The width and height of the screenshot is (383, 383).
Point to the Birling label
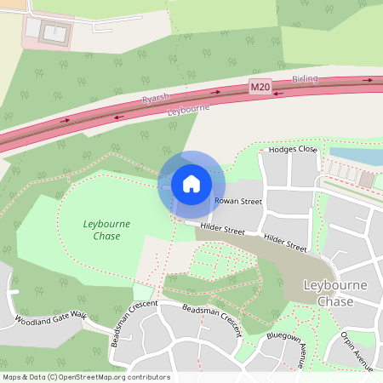click(x=305, y=78)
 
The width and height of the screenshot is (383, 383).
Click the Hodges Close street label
click(x=292, y=149)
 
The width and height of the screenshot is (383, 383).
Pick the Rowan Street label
click(x=238, y=202)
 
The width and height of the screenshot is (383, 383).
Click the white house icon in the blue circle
click(x=191, y=183)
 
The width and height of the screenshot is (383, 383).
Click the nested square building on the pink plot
click(x=50, y=32)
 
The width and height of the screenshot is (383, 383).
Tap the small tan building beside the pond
click(x=366, y=180)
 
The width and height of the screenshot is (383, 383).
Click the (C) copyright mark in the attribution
click(x=53, y=377)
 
